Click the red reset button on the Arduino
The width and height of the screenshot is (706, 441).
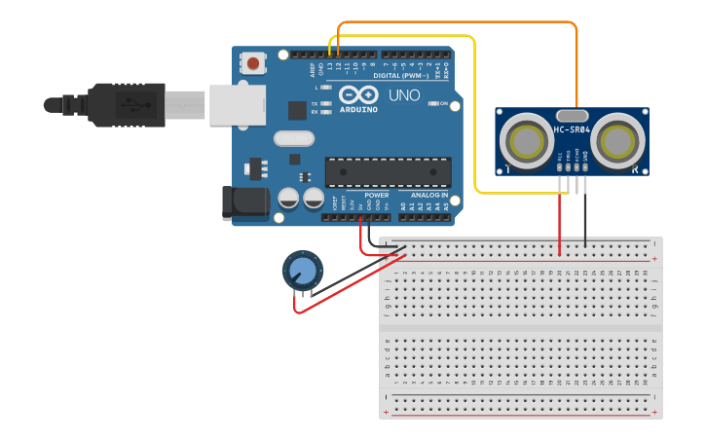click(x=253, y=64)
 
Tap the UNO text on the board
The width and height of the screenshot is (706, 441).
click(x=404, y=96)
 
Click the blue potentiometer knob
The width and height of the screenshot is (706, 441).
click(x=303, y=270)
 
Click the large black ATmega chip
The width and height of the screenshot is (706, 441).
click(x=388, y=172)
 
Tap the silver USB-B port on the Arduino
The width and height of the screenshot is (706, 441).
click(x=237, y=104)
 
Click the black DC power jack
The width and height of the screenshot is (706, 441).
click(x=245, y=202)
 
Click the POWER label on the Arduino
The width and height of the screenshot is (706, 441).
click(x=377, y=196)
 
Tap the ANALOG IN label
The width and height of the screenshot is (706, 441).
click(x=429, y=196)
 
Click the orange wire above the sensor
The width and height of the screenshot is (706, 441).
click(x=458, y=22)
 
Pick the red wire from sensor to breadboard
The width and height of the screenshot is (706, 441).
click(x=559, y=219)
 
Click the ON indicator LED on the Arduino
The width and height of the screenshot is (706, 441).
click(x=431, y=103)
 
